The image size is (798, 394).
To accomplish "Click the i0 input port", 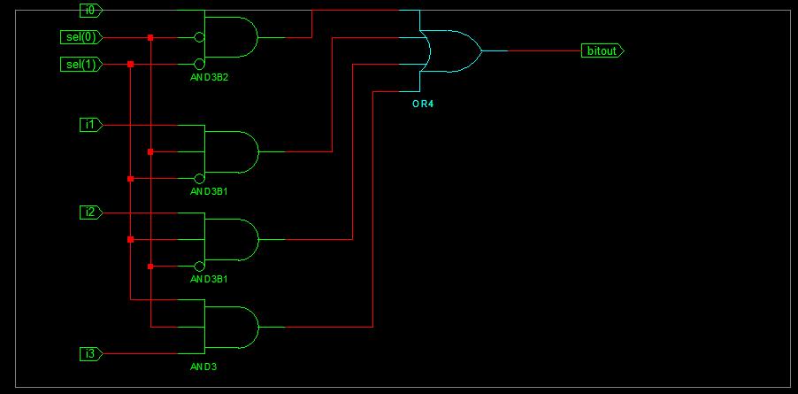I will click(90, 11).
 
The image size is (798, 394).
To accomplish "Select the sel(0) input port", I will click(84, 37).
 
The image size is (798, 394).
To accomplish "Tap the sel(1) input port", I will click(84, 65).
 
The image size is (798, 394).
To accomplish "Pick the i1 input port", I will click(90, 125).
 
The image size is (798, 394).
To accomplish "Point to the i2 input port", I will click(90, 212).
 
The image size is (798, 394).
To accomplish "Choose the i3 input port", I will click(90, 354).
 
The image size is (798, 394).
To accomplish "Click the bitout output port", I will click(602, 50).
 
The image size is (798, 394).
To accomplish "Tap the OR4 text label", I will click(423, 104).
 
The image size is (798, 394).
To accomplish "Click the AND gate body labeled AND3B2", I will click(231, 37).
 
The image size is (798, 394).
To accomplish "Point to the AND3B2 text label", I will click(210, 78).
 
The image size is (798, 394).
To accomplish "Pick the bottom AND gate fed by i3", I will click(231, 328).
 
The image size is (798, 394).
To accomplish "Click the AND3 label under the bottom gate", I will click(203, 367).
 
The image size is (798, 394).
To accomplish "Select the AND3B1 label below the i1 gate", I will click(210, 191).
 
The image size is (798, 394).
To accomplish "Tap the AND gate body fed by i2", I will click(231, 239).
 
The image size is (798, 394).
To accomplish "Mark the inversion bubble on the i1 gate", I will click(200, 179).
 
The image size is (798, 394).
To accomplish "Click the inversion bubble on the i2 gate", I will click(200, 267).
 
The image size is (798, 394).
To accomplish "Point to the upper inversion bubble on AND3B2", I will click(200, 37).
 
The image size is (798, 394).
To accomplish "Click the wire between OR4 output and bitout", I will click(531, 50).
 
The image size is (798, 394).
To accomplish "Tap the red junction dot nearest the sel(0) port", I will click(150, 37).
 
